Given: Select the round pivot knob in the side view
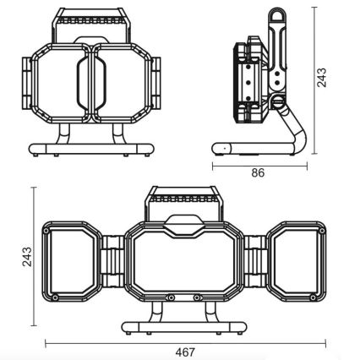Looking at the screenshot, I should [278, 104].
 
